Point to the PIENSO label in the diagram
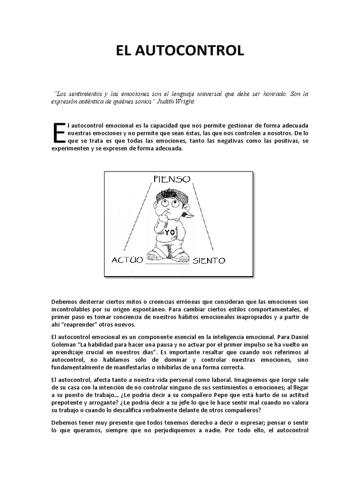(x=172, y=179)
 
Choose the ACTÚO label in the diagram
(x=127, y=260)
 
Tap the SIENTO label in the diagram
(x=210, y=260)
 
